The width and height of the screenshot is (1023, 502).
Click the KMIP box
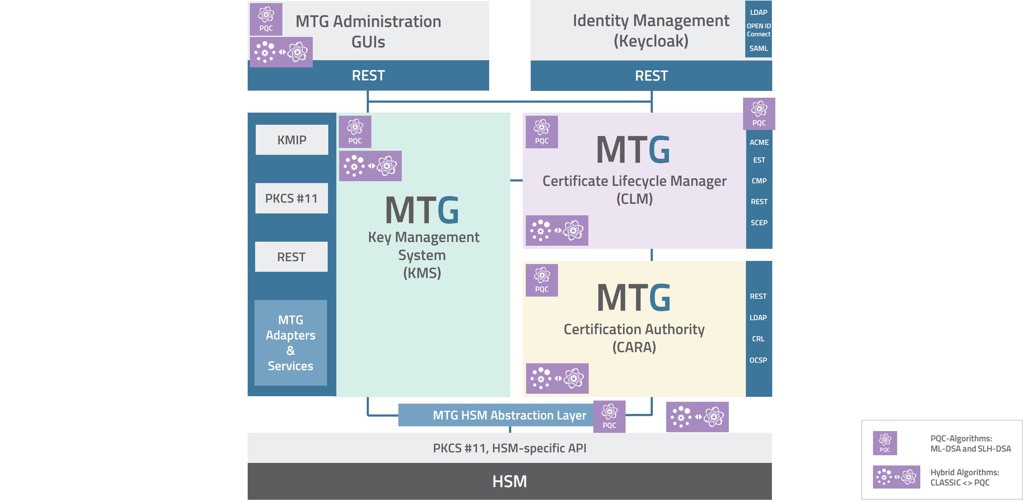291,140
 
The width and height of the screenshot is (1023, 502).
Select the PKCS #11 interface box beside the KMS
291,198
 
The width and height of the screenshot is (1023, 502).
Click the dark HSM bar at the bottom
510,481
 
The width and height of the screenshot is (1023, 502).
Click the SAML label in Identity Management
758,48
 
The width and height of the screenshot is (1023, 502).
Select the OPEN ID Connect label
758,30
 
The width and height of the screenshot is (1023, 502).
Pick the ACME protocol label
759,142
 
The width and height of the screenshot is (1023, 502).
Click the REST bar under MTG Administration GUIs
368,75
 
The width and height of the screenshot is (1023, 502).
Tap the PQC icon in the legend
884,443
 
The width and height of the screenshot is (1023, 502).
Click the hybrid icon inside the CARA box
557,379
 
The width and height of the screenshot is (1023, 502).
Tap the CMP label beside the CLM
759,181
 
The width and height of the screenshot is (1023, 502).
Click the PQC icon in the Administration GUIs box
266,19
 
